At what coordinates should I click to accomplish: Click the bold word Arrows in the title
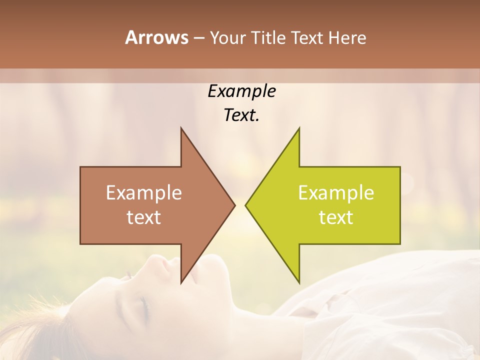pos(157,37)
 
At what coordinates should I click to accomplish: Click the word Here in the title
pos(348,37)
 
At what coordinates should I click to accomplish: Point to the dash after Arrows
pos(198,38)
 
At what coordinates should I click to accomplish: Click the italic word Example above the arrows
pos(241,91)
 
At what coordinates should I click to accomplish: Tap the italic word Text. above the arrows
pos(241,115)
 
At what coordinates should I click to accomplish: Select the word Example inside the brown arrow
pos(144,192)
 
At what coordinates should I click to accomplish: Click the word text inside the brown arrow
pos(144,217)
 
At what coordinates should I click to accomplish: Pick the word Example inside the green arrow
pos(336,192)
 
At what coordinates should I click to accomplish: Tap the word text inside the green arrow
pos(336,217)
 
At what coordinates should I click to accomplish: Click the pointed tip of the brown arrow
pos(234,205)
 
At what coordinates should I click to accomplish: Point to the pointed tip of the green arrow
pos(246,205)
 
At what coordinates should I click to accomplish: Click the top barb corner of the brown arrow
pos(181,128)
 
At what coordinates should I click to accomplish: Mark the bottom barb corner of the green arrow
pos(299,282)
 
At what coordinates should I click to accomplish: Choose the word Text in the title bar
pos(305,37)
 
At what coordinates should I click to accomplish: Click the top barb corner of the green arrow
pos(299,128)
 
